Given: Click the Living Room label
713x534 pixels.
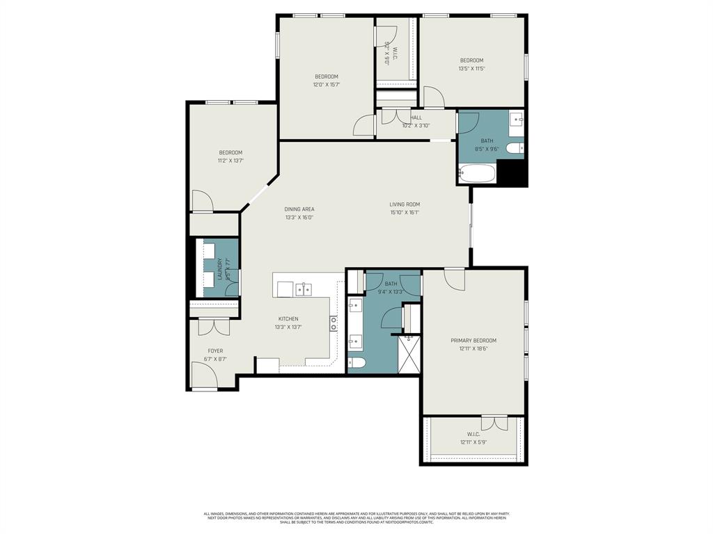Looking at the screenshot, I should point(405,204).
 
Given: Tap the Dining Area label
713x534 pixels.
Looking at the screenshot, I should point(299,209).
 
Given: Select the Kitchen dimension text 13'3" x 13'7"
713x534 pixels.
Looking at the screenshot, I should point(288,327).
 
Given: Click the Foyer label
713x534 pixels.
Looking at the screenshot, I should point(215,351).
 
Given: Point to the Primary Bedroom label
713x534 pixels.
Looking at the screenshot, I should point(473,340).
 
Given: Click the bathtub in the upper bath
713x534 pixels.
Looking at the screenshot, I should point(477,172).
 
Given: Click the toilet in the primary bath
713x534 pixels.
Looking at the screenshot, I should point(356,363).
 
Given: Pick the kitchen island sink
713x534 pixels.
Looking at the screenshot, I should point(303,289).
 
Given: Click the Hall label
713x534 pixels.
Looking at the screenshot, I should point(416,118).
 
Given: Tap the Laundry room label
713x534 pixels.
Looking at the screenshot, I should point(219,268).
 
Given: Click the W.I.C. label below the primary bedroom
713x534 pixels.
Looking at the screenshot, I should point(473,435).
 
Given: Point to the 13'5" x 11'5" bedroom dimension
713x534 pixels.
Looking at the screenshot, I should point(471,69).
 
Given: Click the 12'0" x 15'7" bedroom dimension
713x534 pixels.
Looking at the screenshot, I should point(326,85).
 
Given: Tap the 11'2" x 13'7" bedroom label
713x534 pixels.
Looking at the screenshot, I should point(230,153).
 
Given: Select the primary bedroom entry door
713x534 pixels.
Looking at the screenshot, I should point(455,279).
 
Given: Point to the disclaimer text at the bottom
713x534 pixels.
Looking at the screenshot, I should point(356,517).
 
